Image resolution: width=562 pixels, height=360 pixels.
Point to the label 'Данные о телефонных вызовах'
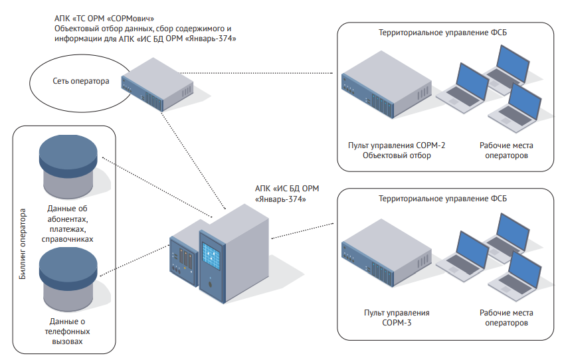coord(66,329)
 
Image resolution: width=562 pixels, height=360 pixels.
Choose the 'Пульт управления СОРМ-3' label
coord(397,317)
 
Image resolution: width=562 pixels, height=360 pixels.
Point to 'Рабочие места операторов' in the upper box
coord(506,150)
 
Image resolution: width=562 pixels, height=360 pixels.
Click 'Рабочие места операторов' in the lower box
coord(506,317)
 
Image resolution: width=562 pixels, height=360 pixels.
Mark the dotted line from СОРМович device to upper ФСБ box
coord(259,72)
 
